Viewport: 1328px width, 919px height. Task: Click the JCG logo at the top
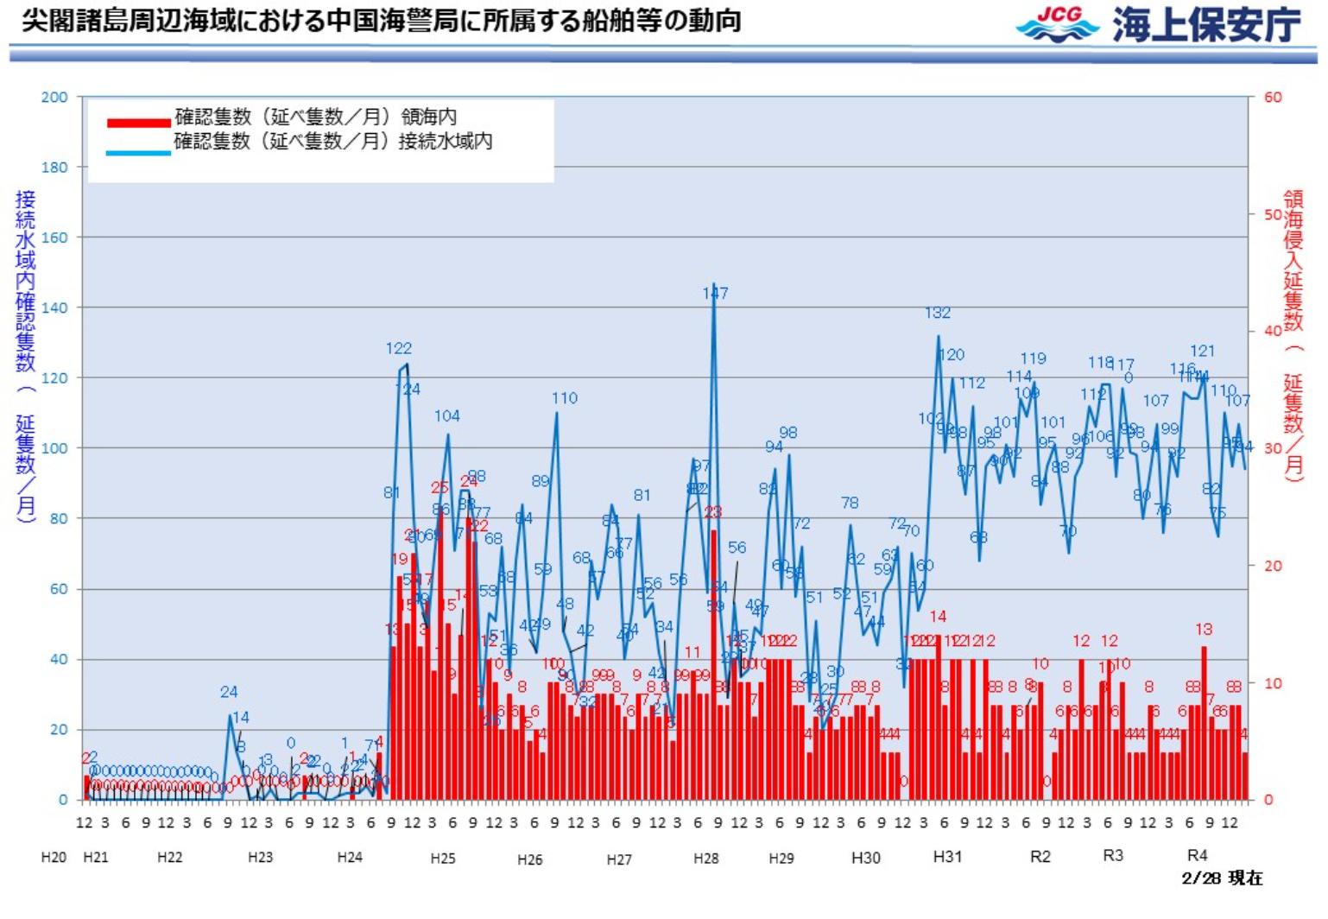(1058, 24)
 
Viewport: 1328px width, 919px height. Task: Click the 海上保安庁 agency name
(1205, 25)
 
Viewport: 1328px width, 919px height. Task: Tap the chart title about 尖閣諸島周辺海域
(381, 20)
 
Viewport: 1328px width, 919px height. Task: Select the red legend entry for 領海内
(315, 117)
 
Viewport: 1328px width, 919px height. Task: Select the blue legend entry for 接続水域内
(332, 142)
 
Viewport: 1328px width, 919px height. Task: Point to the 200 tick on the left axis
(54, 98)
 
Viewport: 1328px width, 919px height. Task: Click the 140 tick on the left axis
(54, 307)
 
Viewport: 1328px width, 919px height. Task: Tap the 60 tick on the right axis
(1273, 98)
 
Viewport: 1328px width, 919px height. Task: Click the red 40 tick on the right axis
(1273, 332)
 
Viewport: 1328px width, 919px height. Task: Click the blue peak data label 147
(715, 294)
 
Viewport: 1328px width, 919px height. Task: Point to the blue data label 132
(938, 314)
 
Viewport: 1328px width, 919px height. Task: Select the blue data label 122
(398, 349)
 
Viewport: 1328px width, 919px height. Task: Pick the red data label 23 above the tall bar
(712, 513)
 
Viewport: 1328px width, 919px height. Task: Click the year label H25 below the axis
(443, 858)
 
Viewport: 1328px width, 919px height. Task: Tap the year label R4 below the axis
(1197, 855)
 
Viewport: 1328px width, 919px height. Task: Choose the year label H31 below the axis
(947, 856)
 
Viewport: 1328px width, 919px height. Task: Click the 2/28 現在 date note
(1222, 878)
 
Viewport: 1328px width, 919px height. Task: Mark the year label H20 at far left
(54, 858)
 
